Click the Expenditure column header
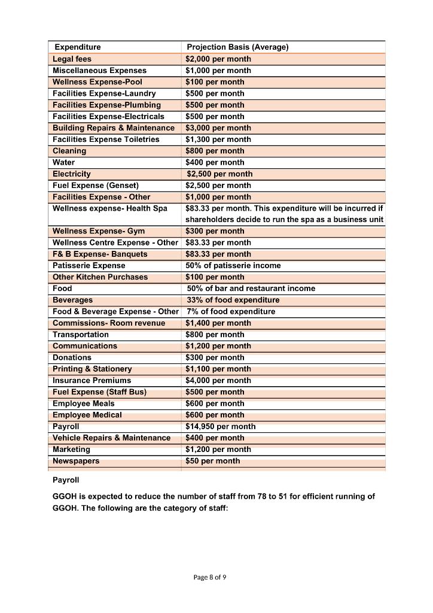point(78,47)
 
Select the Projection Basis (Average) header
point(237,47)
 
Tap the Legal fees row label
point(72,59)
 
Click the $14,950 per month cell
point(221,426)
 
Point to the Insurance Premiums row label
point(92,380)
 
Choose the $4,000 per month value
point(218,380)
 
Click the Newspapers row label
point(76,461)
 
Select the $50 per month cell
point(213,461)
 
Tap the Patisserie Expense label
point(89,265)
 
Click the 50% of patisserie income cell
point(233,265)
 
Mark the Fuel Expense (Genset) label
point(96,185)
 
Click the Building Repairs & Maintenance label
point(114,128)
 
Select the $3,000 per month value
point(218,128)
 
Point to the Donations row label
point(72,357)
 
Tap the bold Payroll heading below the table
point(66,480)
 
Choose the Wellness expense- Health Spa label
point(110,208)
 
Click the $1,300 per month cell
point(218,139)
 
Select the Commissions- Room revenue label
point(109,323)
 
